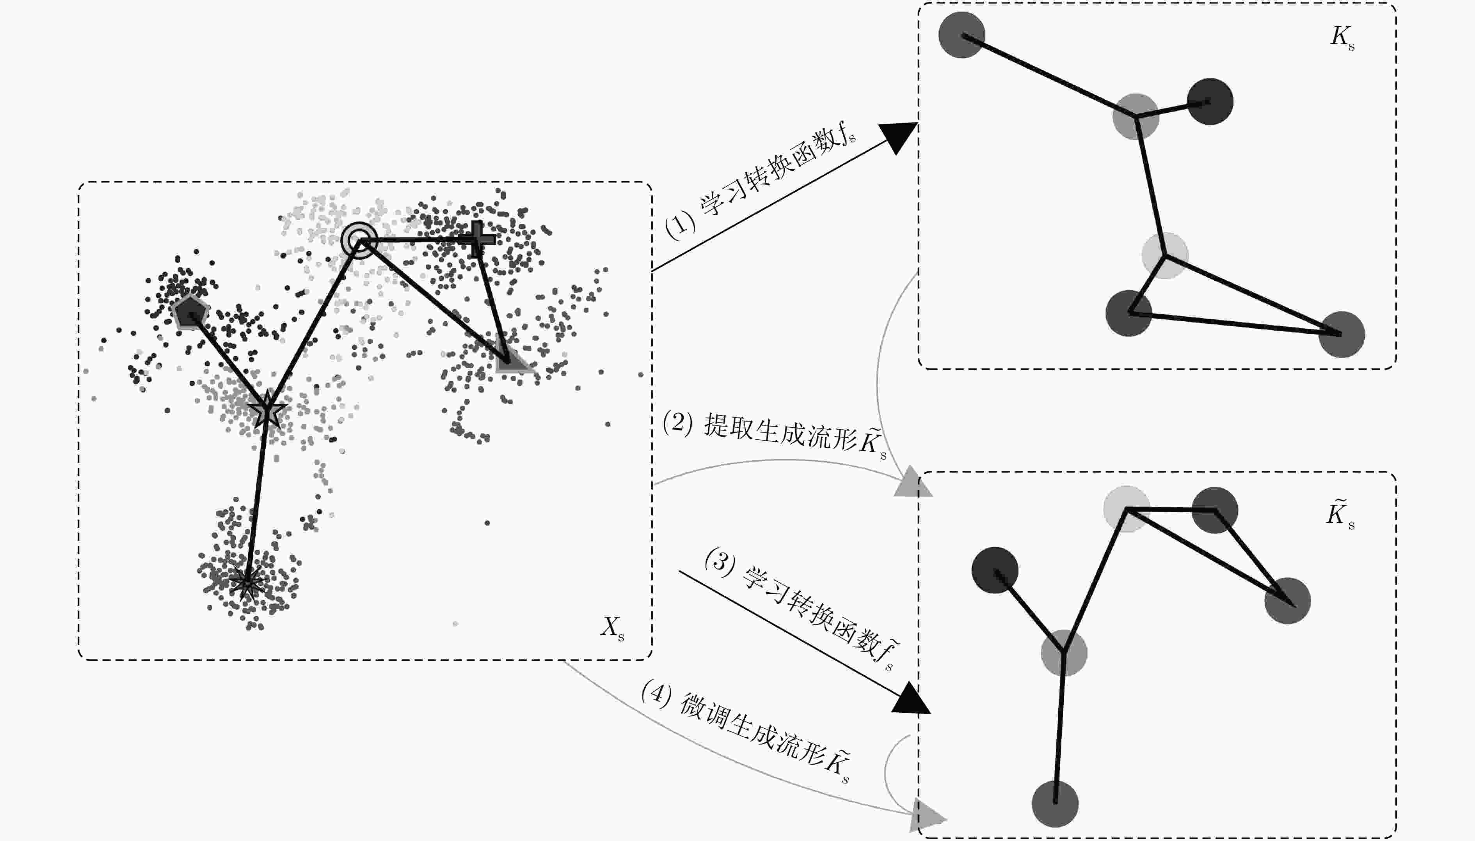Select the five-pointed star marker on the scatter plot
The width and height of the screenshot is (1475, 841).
point(267,409)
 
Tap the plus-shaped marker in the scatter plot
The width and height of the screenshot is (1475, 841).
point(477,239)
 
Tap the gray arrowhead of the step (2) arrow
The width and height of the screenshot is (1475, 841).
point(913,484)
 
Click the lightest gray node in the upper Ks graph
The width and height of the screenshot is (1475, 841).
point(1165,255)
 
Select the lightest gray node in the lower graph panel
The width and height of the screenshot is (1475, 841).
point(1127,508)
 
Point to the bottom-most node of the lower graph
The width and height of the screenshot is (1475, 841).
point(1056,804)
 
